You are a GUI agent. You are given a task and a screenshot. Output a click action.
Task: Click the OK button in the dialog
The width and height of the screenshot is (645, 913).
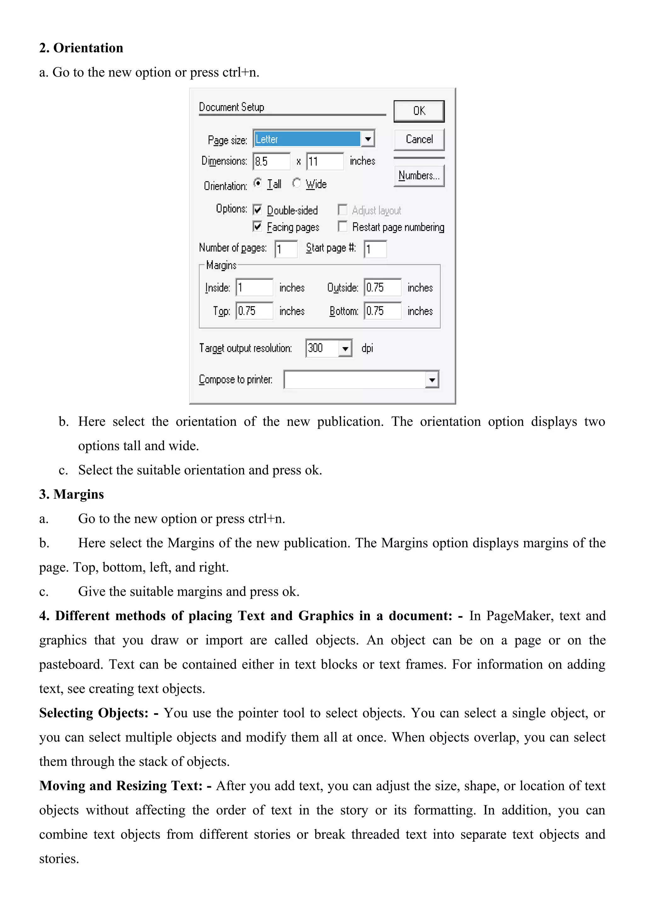419,111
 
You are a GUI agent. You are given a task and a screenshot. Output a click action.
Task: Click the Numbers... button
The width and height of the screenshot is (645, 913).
419,175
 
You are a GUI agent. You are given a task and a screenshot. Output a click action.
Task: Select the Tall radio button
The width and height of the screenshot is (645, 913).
258,183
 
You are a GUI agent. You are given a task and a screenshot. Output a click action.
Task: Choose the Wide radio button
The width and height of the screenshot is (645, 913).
296,183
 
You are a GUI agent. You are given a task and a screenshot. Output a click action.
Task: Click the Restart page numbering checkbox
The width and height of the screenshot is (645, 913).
342,226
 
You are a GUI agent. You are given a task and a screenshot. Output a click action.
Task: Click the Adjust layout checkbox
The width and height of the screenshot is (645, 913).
342,210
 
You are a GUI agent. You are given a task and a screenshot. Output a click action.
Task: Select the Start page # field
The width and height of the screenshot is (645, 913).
375,249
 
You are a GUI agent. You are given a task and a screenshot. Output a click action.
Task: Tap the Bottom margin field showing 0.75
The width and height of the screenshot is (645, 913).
382,311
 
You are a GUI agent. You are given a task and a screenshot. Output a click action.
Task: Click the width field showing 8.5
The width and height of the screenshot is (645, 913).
271,161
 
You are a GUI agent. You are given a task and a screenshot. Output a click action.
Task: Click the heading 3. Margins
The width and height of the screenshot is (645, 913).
71,494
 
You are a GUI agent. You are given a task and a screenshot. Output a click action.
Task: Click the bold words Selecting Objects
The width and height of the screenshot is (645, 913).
94,713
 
